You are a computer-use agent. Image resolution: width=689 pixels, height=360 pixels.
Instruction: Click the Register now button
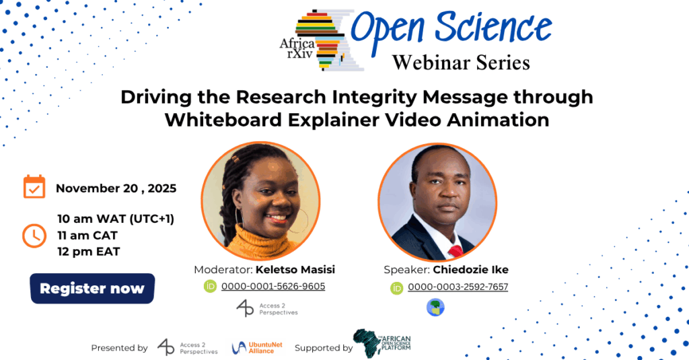tap(92, 289)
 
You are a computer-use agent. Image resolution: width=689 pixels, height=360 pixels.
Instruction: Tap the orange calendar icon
tap(34, 187)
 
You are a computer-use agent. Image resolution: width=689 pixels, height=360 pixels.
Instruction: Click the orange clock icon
tap(34, 236)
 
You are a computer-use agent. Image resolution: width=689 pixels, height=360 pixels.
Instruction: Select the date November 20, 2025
tap(116, 188)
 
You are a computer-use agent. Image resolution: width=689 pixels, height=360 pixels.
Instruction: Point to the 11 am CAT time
tap(87, 236)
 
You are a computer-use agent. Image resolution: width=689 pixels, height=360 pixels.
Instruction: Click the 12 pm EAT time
tap(89, 252)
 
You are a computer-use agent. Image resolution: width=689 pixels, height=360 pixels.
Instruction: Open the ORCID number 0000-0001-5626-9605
tap(273, 286)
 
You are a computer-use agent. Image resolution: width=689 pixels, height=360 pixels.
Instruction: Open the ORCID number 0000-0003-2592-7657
tap(458, 287)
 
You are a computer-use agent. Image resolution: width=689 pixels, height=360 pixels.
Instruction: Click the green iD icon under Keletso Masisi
tap(210, 287)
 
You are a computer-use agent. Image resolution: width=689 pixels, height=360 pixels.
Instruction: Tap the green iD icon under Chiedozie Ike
tap(397, 288)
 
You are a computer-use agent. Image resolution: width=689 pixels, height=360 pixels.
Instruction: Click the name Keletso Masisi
tap(295, 269)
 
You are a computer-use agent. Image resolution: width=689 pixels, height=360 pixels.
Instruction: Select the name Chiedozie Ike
tap(470, 269)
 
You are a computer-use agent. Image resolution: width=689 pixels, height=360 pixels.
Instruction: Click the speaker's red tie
tap(456, 251)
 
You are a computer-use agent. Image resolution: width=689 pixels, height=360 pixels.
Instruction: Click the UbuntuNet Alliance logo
tap(257, 348)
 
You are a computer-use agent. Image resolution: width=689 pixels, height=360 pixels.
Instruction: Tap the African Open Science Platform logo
tap(382, 343)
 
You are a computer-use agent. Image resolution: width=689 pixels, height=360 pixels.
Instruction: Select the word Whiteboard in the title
tap(223, 120)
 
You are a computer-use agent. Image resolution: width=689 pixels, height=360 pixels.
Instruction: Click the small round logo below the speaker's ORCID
tap(435, 308)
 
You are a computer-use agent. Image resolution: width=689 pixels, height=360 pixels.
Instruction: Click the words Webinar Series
tap(461, 63)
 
